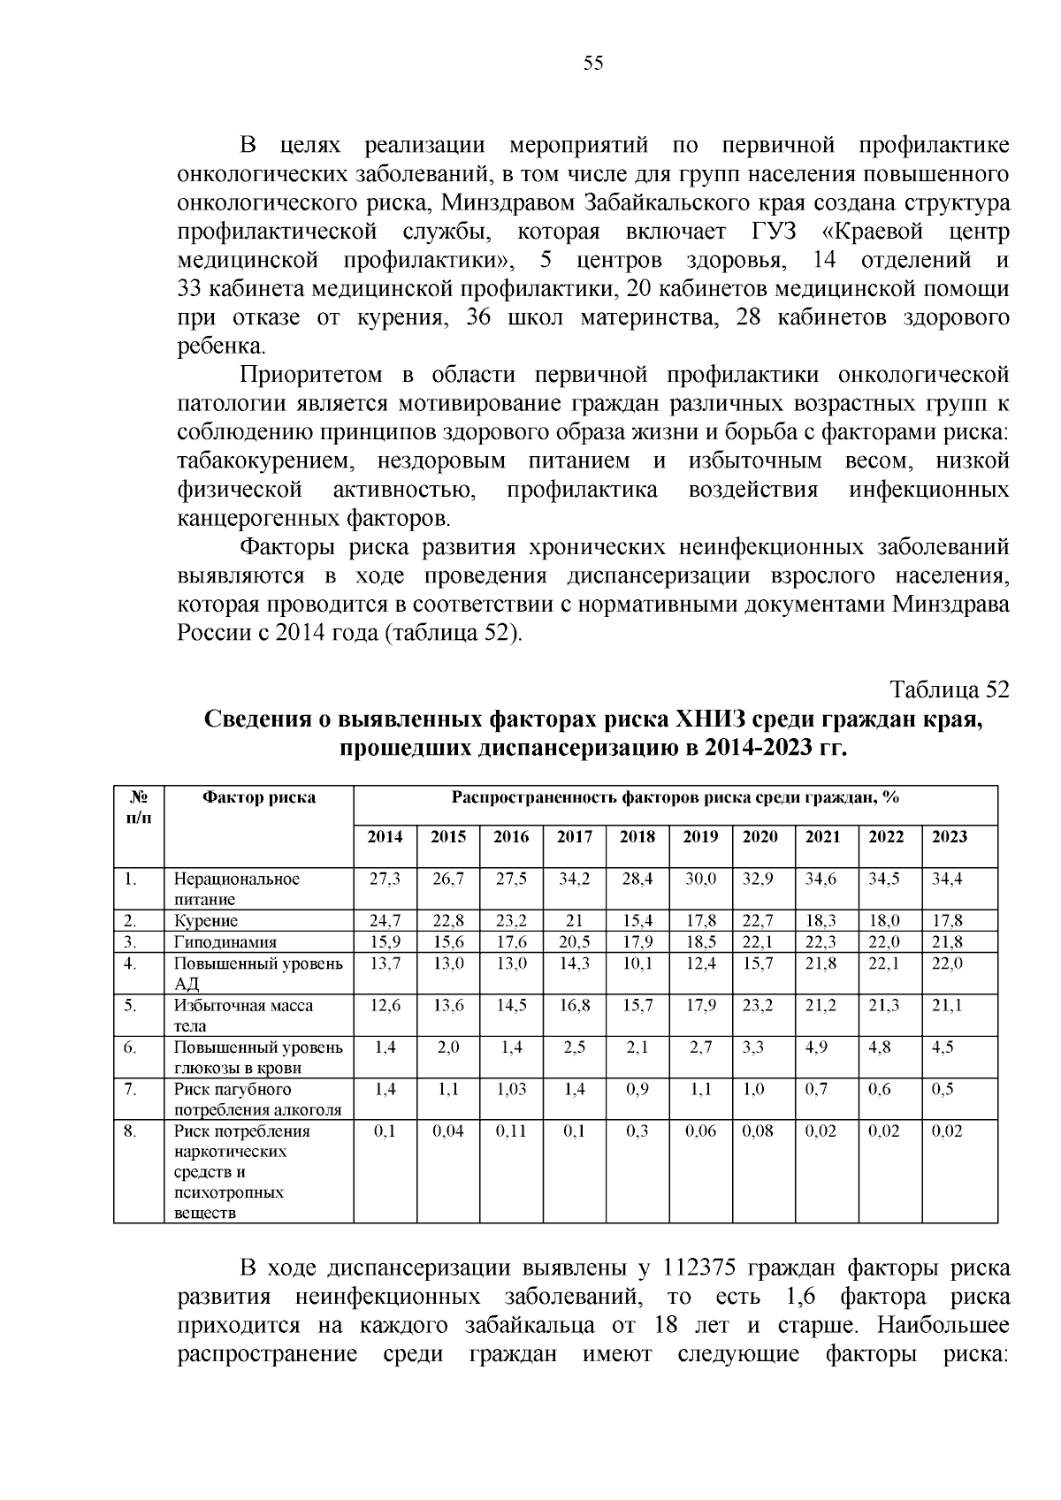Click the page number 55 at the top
[x=593, y=63]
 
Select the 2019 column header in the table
[x=700, y=836]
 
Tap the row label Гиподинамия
[x=225, y=942]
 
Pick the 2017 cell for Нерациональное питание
[x=575, y=879]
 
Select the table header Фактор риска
[x=259, y=797]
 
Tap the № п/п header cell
[x=139, y=806]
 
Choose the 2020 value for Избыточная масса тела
[x=758, y=1005]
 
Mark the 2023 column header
[x=950, y=836]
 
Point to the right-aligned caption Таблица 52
[x=949, y=689]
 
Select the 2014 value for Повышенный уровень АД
[x=385, y=963]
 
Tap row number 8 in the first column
[x=129, y=1131]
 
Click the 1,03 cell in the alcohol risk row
[x=511, y=1089]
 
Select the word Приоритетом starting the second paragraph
[x=311, y=375]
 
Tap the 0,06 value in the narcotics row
[x=700, y=1131]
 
